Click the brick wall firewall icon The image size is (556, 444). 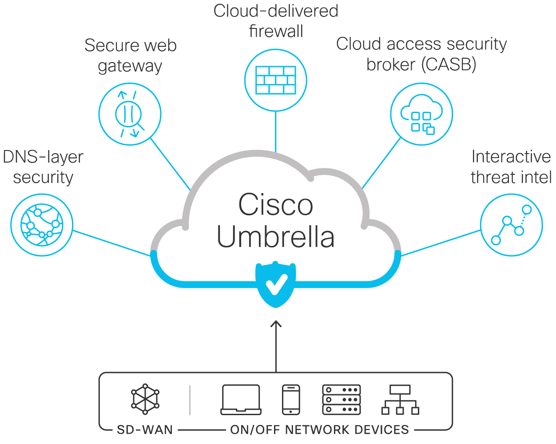[x=276, y=80]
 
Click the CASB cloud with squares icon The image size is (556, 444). [x=421, y=115]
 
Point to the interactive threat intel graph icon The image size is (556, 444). [x=511, y=225]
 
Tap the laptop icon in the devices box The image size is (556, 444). [x=241, y=400]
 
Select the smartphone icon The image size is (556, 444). [x=291, y=400]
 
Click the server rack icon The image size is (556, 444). [x=341, y=400]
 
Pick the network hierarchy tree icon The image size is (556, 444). [x=400, y=400]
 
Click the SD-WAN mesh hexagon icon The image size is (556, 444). [x=145, y=399]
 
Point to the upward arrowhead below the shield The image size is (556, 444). [x=276, y=323]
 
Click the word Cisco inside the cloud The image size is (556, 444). [x=276, y=205]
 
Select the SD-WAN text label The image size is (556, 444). [x=145, y=430]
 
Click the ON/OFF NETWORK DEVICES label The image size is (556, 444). [x=319, y=430]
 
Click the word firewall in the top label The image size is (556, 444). [x=276, y=31]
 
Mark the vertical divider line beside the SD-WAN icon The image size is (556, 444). [x=190, y=400]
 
